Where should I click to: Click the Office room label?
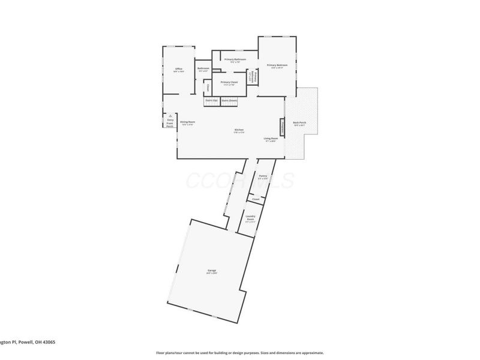[178, 70]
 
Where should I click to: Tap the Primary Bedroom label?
[277, 65]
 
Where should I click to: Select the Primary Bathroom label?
[235, 59]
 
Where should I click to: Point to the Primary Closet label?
[229, 82]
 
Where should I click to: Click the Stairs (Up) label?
[211, 101]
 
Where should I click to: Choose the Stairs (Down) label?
[229, 101]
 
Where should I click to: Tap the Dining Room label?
[188, 122]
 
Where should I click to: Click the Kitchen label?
[239, 130]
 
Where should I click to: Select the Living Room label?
[271, 139]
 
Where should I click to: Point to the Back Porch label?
[299, 122]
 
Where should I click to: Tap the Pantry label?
[262, 176]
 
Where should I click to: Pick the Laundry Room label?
[250, 217]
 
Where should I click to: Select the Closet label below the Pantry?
[256, 199]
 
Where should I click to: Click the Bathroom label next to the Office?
[203, 68]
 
